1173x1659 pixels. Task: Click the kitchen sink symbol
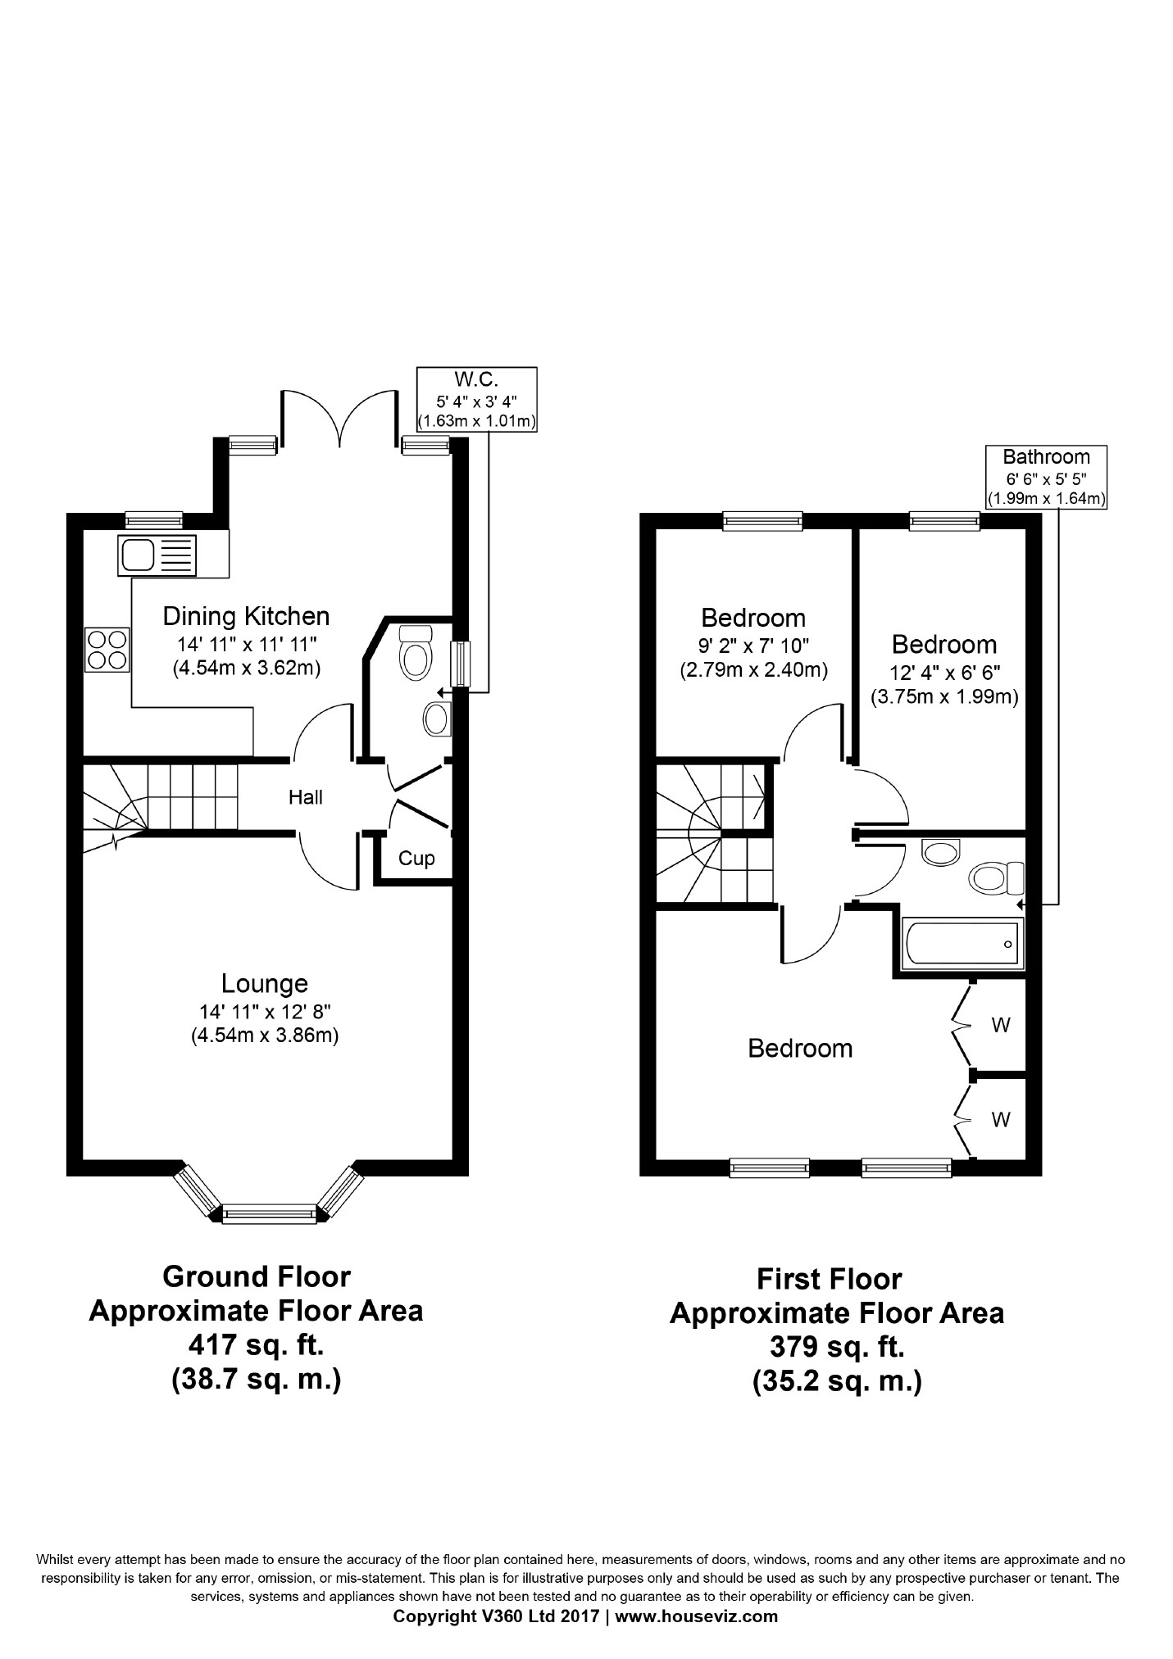pyautogui.click(x=158, y=555)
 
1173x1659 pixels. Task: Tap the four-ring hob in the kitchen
pyautogui.click(x=107, y=649)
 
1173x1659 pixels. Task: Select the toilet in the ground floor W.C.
pyautogui.click(x=416, y=650)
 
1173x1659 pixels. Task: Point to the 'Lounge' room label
pyautogui.click(x=265, y=983)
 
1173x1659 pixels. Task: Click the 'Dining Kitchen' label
pyautogui.click(x=246, y=616)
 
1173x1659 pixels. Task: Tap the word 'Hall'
pyautogui.click(x=305, y=797)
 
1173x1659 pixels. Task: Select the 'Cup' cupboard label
pyautogui.click(x=416, y=859)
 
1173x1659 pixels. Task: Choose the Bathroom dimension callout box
pyautogui.click(x=1047, y=477)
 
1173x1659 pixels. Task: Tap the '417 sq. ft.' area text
pyautogui.click(x=256, y=1345)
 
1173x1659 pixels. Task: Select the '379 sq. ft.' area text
pyautogui.click(x=837, y=1347)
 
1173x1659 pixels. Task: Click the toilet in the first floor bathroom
pyautogui.click(x=997, y=879)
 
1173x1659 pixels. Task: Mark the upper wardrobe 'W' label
pyautogui.click(x=1000, y=1025)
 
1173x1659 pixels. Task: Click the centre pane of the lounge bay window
pyautogui.click(x=269, y=1213)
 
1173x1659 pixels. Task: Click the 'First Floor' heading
pyautogui.click(x=829, y=1279)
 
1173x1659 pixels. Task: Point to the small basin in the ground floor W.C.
pyautogui.click(x=436, y=718)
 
